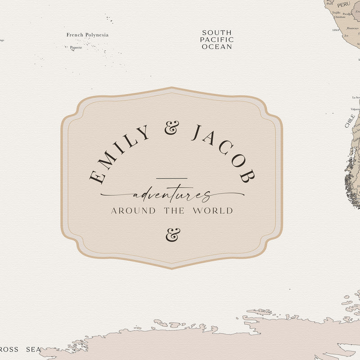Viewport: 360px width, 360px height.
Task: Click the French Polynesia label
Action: click(87, 35)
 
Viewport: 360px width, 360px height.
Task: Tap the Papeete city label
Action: click(76, 47)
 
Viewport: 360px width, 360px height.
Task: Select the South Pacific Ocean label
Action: click(217, 40)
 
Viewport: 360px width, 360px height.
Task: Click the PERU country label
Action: click(343, 4)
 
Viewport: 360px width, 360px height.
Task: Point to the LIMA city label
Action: click(336, 30)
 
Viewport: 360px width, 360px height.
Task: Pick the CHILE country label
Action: click(350, 121)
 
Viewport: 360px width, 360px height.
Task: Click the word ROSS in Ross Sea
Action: click(9, 350)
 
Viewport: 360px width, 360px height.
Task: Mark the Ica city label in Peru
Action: click(346, 36)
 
